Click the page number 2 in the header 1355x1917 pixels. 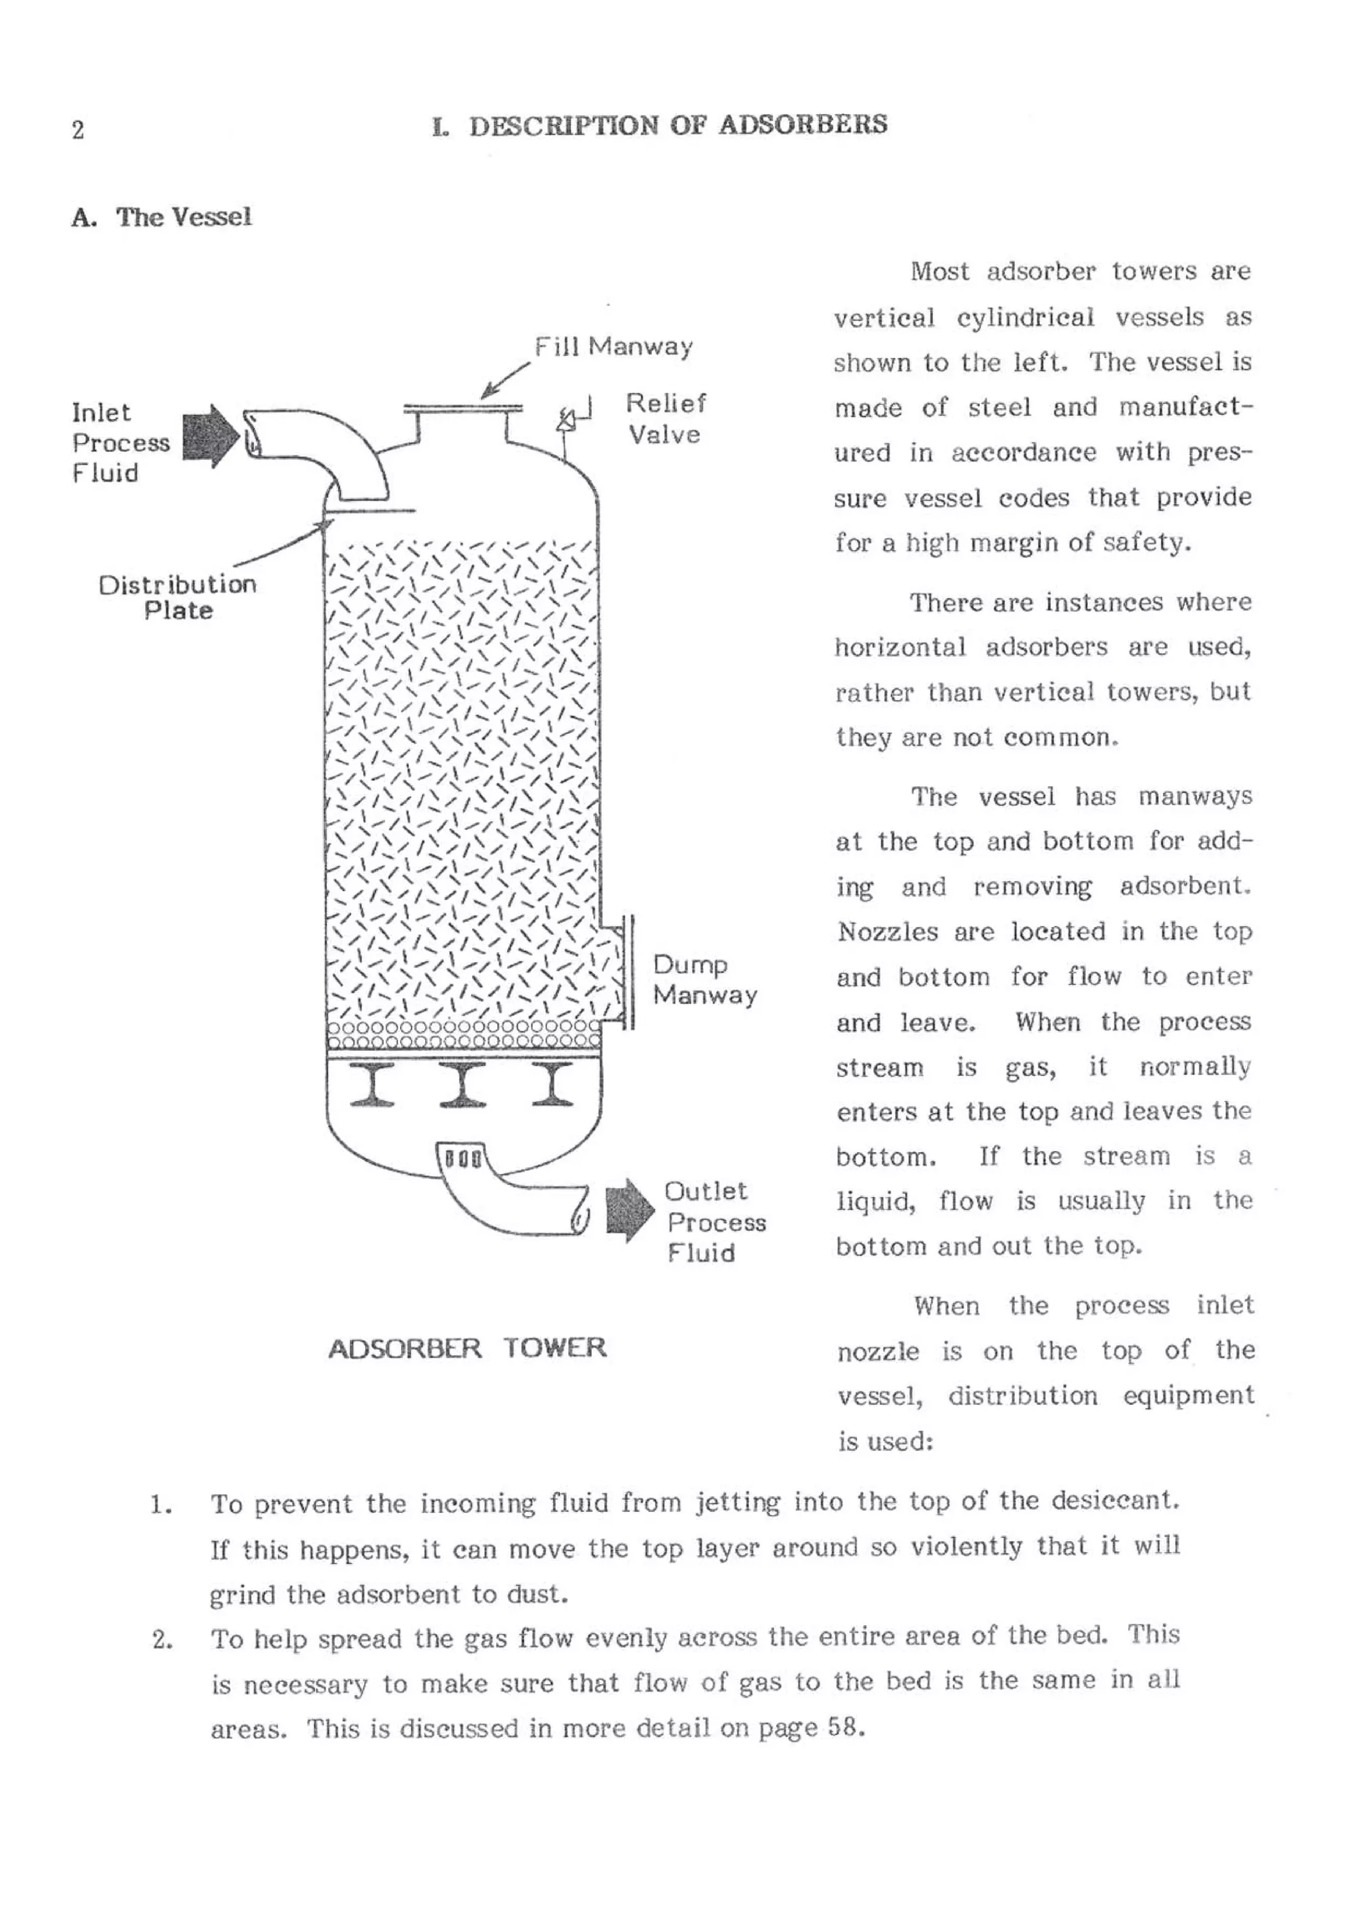point(77,130)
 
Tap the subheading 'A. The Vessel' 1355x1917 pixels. point(161,217)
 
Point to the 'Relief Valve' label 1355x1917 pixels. point(666,418)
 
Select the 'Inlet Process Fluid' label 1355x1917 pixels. point(119,443)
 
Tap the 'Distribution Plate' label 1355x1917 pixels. point(177,597)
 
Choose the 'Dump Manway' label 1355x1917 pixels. point(704,979)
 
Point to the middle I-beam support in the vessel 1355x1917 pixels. point(462,1085)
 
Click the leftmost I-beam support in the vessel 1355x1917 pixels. point(372,1085)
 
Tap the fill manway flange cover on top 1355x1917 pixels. point(462,408)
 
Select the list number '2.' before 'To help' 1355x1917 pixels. point(162,1640)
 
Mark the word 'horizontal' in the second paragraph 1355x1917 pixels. point(899,648)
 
